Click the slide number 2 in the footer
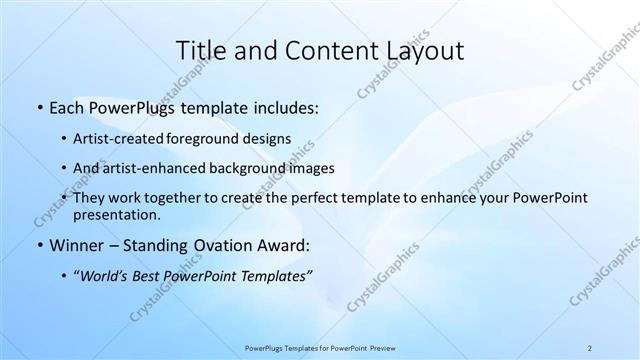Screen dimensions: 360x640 pos(590,347)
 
